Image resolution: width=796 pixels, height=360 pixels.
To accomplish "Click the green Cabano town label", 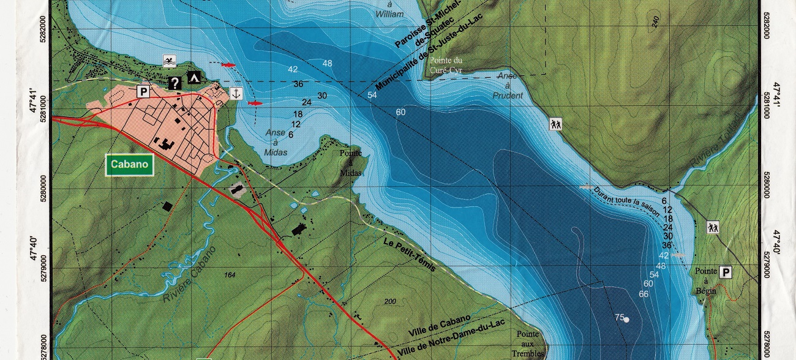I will pyautogui.click(x=129, y=165).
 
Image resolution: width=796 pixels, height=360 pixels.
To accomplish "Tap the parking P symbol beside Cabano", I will pyautogui.click(x=144, y=92).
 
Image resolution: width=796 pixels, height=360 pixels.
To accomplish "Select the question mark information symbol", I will pyautogui.click(x=175, y=83).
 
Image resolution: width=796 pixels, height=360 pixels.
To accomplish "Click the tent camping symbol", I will pyautogui.click(x=194, y=77).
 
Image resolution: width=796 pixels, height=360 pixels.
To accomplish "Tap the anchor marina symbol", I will pyautogui.click(x=235, y=92).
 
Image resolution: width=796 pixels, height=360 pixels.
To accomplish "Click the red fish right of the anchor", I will pyautogui.click(x=255, y=103).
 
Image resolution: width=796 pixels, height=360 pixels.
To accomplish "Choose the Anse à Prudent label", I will pyautogui.click(x=508, y=86).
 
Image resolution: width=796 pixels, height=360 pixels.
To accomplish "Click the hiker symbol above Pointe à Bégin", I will pyautogui.click(x=712, y=227).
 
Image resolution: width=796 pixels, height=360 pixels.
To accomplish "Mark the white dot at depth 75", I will pyautogui.click(x=626, y=320).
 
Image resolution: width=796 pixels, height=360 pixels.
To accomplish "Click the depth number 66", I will pyautogui.click(x=644, y=294).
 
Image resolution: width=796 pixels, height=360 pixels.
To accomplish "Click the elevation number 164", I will pyautogui.click(x=230, y=274).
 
